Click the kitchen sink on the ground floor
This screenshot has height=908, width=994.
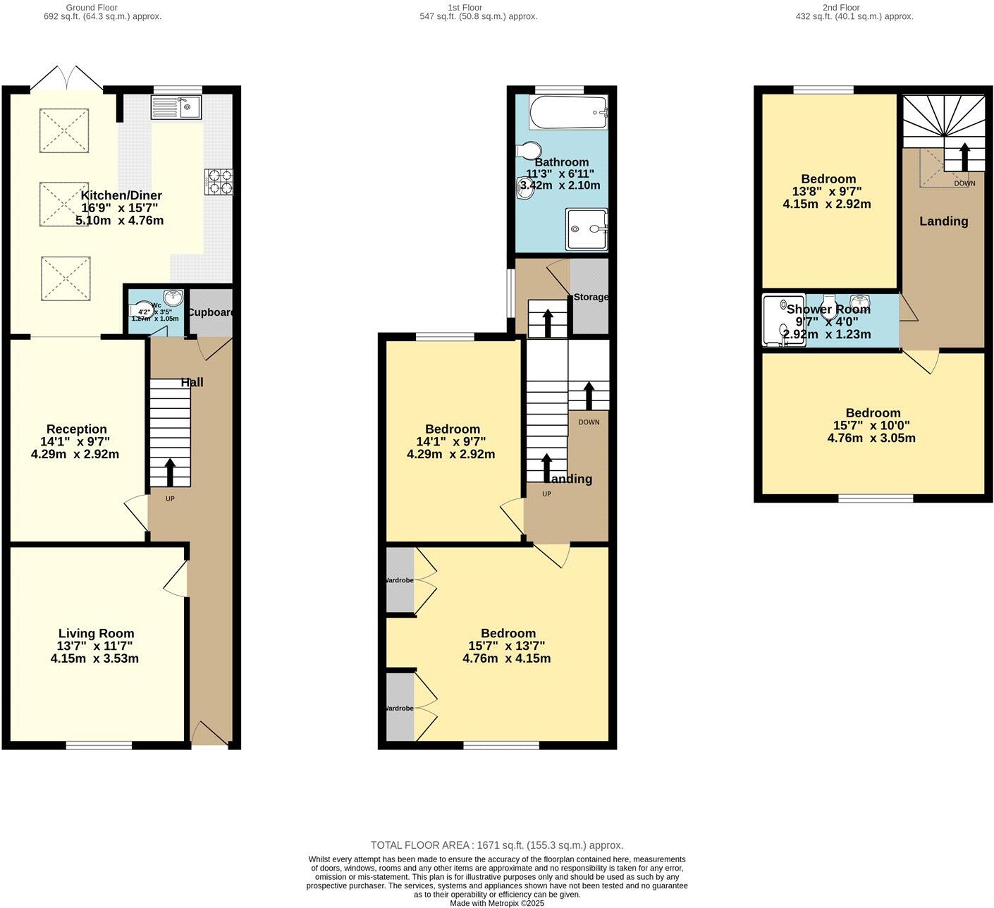(176, 107)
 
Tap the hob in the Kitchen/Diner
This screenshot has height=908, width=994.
(218, 181)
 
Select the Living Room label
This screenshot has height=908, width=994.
(96, 634)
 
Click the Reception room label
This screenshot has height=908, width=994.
(77, 429)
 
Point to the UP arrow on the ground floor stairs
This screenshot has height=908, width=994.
(170, 472)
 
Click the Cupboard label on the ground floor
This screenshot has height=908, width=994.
(210, 312)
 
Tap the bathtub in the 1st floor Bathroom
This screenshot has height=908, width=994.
(567, 112)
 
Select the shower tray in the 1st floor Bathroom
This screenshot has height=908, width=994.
(587, 229)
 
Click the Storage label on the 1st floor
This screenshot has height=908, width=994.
(591, 297)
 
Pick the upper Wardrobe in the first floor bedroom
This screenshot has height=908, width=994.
(400, 580)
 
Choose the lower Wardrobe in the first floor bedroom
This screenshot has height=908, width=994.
(400, 708)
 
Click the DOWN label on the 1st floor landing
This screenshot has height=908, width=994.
(589, 422)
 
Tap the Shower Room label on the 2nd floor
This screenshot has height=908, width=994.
(828, 309)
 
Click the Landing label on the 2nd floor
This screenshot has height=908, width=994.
(943, 221)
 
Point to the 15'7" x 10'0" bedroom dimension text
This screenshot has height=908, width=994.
(872, 426)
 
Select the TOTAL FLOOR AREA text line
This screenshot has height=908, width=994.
(497, 845)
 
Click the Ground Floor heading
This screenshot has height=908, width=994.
(91, 8)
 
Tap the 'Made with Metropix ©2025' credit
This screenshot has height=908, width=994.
(497, 903)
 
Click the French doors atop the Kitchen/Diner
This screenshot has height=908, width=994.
(67, 78)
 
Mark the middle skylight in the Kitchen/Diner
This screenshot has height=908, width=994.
(64, 204)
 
